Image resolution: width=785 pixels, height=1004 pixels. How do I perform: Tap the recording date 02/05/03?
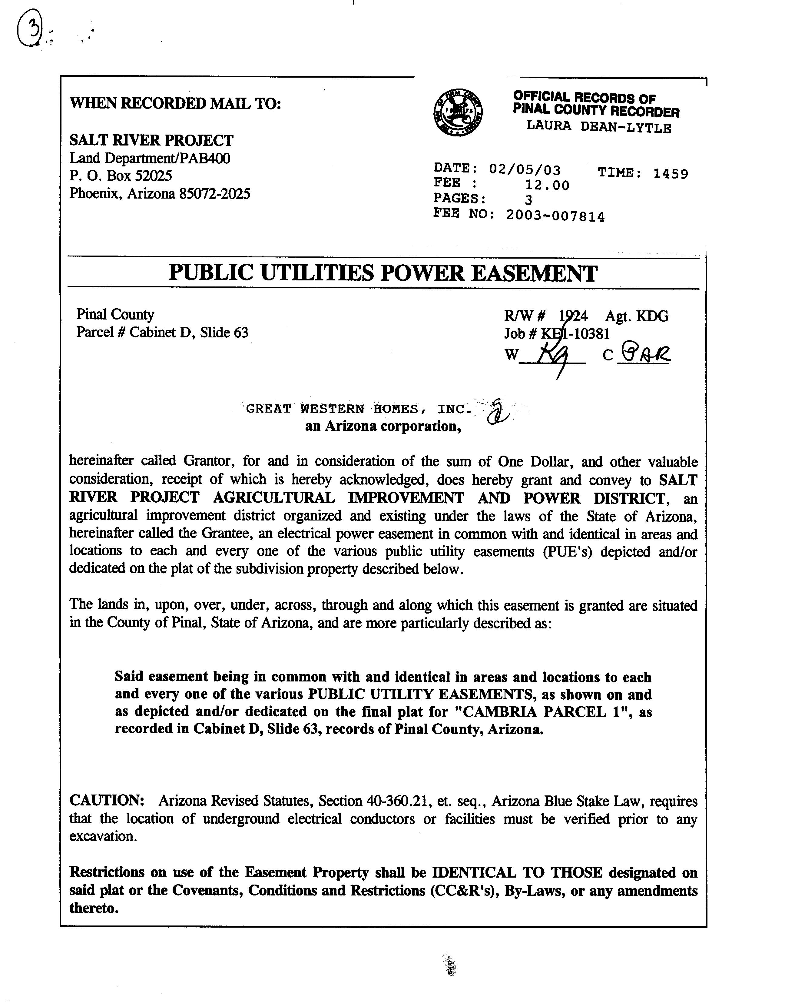click(x=525, y=170)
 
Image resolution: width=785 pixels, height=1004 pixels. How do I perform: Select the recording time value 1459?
click(x=671, y=174)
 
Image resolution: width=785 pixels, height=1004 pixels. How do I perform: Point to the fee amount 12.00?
click(x=547, y=185)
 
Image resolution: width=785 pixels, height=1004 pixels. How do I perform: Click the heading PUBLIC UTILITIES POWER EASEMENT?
click(x=383, y=273)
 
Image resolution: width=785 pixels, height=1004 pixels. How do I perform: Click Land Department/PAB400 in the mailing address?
click(x=150, y=158)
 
